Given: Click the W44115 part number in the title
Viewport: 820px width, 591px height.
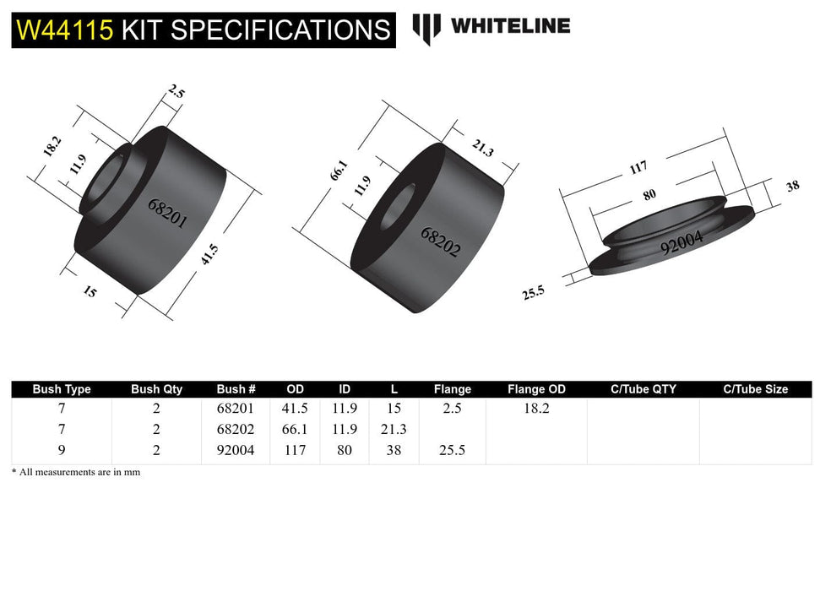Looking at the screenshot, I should point(66,30).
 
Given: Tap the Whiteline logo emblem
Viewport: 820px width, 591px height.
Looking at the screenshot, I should point(426,27).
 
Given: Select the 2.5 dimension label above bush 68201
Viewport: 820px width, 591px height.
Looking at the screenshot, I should point(176,91).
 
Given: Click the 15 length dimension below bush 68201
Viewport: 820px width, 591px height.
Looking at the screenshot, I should point(90,294).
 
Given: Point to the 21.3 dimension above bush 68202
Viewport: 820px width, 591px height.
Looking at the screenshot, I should point(482,149).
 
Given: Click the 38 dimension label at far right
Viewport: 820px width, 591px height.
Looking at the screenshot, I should point(792,187).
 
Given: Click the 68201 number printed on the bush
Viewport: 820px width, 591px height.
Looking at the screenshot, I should point(167,214).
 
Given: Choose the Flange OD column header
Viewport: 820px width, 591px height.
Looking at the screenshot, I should point(536,389).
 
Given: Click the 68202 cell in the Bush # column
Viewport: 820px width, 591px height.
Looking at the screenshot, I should point(236,429).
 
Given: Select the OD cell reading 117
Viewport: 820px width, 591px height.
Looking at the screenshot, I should point(295,451).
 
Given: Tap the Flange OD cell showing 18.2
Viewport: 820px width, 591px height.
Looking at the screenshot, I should point(536,408).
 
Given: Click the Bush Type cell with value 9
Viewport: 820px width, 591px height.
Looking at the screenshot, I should point(61,451).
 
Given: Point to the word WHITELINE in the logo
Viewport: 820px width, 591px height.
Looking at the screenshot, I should point(510,26).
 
